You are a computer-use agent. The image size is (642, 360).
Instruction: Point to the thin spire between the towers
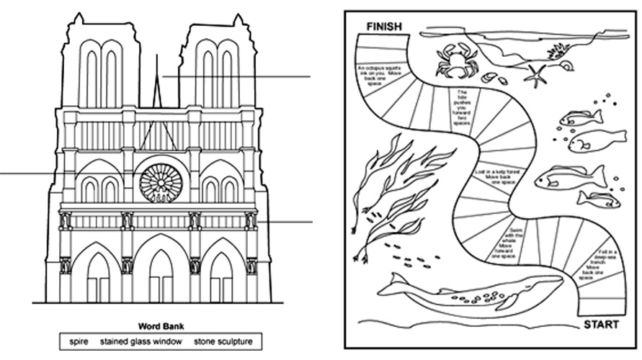pos(156,86)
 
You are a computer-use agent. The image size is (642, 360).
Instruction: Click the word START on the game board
pos(600,325)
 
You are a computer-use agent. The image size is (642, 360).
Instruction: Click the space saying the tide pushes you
pos(462,104)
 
